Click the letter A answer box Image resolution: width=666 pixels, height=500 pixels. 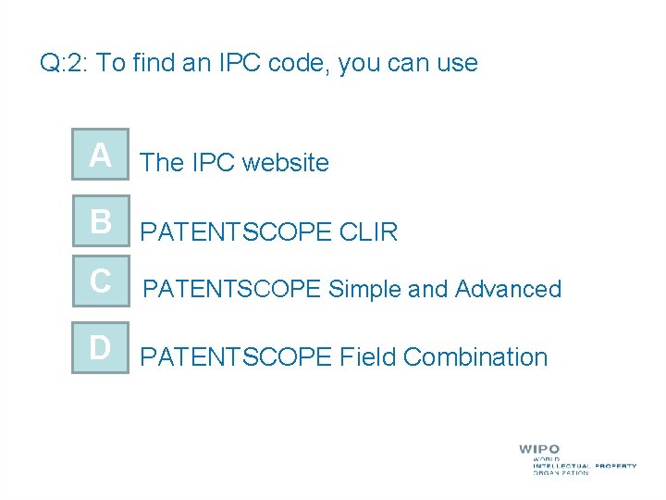pos(101,156)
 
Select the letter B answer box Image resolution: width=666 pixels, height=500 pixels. pos(101,222)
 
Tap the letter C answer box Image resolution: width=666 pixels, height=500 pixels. pos(101,281)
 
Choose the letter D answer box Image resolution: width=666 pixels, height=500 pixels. pos(101,347)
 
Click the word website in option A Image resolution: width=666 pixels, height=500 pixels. pos(286,163)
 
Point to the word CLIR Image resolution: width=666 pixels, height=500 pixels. pos(369,232)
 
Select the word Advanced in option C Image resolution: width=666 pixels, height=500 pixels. pos(508,289)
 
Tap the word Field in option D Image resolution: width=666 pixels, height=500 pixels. pos(368,356)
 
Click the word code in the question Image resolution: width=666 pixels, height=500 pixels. pos(302,63)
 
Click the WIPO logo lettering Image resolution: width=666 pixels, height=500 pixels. pos(539,449)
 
